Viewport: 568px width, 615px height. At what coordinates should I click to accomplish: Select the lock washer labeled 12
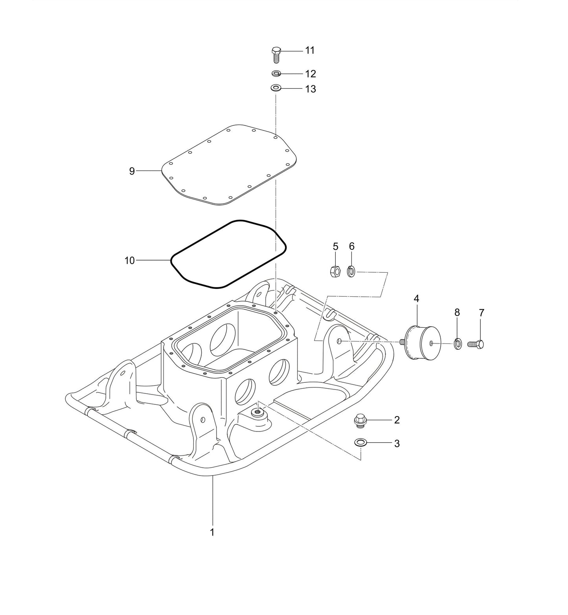pos(276,73)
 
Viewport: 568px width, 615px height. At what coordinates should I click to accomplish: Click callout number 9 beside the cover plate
pos(132,171)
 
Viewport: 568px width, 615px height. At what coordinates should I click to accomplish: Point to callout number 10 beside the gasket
pos(130,260)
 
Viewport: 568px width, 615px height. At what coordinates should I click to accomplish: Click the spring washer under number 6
pos(352,271)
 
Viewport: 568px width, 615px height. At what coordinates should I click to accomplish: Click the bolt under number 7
pos(476,344)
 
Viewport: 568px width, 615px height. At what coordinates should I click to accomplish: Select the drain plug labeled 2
pos(359,420)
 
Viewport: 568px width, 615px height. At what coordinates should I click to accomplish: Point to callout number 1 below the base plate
pos(212,532)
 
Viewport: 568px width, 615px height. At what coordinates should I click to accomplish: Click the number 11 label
pos(310,50)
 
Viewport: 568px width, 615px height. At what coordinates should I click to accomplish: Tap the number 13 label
pos(311,89)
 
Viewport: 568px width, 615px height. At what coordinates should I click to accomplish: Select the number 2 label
pos(397,420)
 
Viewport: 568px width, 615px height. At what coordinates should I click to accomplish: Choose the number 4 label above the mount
pos(416,299)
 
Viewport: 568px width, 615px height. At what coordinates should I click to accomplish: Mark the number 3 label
pos(397,444)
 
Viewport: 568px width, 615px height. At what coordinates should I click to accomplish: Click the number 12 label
pos(311,74)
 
